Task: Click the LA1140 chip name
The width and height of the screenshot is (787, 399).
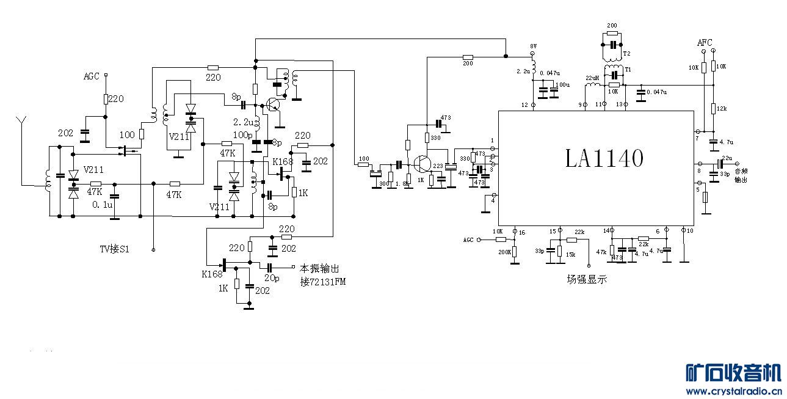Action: [x=603, y=159]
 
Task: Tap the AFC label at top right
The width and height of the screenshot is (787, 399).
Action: [x=705, y=43]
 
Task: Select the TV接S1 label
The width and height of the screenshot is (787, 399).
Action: [x=115, y=249]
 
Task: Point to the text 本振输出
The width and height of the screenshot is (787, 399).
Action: [x=319, y=268]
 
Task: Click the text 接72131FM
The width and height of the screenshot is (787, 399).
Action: [x=322, y=281]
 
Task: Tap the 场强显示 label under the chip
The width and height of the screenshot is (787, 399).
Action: [x=586, y=280]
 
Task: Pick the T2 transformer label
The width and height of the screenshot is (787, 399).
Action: [x=627, y=54]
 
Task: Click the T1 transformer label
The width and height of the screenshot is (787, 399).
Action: [x=627, y=70]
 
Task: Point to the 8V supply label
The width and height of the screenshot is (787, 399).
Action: [x=533, y=46]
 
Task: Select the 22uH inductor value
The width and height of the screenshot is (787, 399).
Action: [x=592, y=78]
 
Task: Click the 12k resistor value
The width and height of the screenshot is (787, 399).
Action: [x=722, y=108]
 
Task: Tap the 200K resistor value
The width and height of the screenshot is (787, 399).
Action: [x=504, y=252]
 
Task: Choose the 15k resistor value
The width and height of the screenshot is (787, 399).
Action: [x=571, y=254]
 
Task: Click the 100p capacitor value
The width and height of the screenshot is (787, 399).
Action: [x=242, y=134]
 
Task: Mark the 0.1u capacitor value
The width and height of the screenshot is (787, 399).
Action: [x=103, y=205]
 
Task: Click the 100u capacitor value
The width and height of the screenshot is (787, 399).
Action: [x=562, y=84]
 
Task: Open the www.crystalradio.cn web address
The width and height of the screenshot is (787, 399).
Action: [x=731, y=392]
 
